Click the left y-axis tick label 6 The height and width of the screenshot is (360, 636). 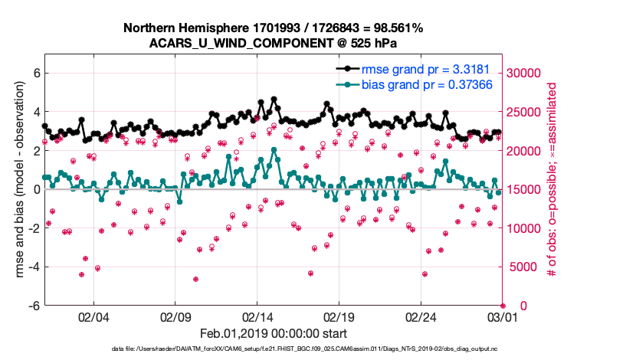click(35, 74)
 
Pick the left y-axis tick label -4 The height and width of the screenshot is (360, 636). click(33, 267)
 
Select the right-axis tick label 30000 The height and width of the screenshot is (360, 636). click(527, 74)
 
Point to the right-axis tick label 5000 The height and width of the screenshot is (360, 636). click(524, 267)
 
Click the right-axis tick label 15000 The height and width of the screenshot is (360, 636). click(527, 190)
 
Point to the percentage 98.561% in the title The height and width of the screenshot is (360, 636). click(390, 28)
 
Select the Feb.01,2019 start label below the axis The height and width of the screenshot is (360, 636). click(274, 334)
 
